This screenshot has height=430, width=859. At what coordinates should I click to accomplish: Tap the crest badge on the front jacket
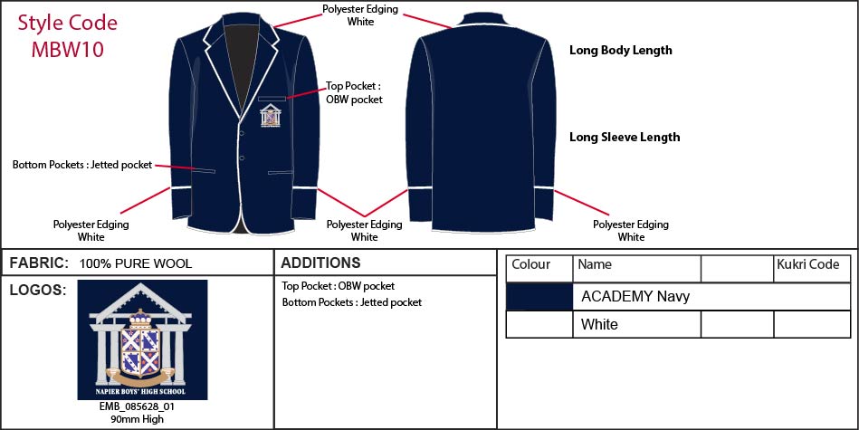point(271,116)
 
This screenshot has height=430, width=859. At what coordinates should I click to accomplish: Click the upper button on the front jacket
point(241,129)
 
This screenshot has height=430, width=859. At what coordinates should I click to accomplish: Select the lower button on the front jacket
point(241,158)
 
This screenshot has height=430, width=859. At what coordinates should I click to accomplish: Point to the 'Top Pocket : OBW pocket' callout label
point(354,92)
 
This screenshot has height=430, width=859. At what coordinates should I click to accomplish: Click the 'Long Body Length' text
point(621,51)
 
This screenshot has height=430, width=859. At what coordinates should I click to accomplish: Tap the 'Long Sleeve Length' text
point(625,137)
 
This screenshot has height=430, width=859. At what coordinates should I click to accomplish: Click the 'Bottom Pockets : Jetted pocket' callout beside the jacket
point(82,165)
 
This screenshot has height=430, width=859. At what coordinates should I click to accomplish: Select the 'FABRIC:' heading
point(39,263)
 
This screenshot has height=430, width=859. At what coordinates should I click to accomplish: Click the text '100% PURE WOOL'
point(136,264)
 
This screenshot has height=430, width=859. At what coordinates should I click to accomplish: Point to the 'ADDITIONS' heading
point(320,263)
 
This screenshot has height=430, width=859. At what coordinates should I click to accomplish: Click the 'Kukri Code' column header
point(808,264)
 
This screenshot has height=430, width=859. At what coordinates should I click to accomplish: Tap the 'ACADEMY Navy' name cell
point(635,297)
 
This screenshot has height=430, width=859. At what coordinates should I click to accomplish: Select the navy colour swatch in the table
point(539,297)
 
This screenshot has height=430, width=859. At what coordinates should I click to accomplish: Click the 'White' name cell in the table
point(599,324)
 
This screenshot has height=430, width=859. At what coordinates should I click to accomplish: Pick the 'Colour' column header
point(530,264)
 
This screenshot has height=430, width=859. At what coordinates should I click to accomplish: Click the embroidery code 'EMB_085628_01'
point(138,407)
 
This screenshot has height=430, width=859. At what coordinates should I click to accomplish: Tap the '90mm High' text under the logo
point(137,420)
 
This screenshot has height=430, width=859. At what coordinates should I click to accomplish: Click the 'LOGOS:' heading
point(38,291)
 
